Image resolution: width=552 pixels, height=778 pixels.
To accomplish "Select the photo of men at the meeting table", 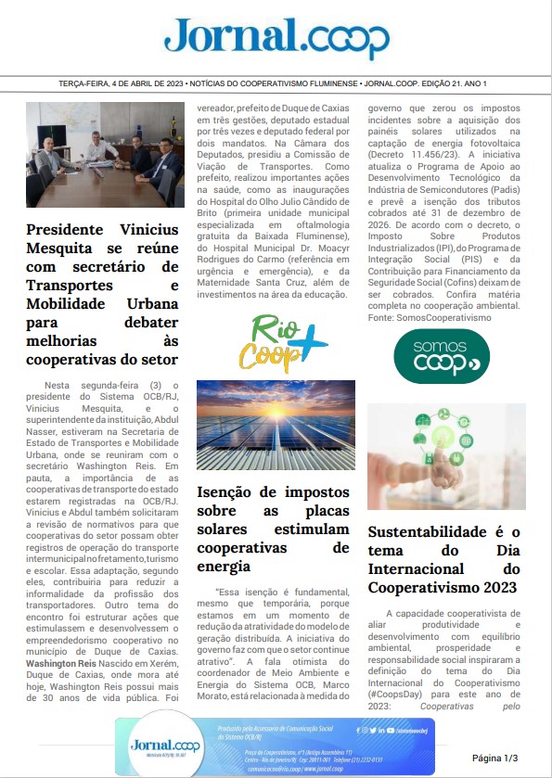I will click(x=105, y=155).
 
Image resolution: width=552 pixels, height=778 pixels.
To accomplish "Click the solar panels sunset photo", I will click(x=276, y=426).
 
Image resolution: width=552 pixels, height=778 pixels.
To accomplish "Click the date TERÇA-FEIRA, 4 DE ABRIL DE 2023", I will click(x=107, y=84).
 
